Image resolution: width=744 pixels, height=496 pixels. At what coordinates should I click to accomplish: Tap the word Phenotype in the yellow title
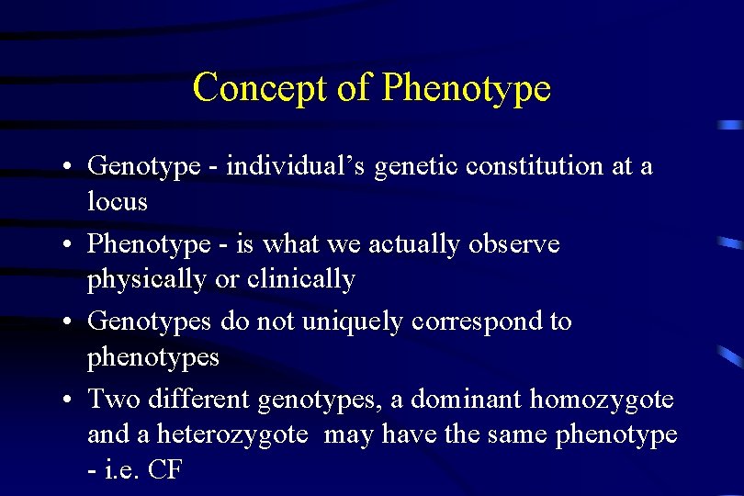[466, 88]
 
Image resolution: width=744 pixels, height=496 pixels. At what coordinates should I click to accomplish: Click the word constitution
[538, 166]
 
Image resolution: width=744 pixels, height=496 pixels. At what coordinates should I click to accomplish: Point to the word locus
[117, 201]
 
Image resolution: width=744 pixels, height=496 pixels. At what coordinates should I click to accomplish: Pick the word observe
[513, 244]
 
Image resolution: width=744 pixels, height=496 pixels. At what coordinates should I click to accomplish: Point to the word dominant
[466, 400]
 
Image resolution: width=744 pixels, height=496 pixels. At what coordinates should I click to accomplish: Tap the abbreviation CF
[164, 469]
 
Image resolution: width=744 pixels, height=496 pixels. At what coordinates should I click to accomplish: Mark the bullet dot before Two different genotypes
[69, 400]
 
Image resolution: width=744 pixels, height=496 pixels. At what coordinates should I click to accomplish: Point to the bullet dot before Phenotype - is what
[69, 245]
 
